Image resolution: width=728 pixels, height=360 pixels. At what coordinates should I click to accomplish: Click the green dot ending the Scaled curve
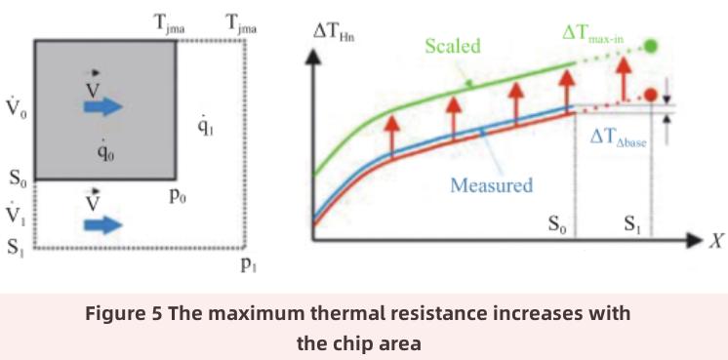click(x=651, y=46)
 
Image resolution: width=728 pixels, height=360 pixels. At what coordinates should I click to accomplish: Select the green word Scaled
click(x=450, y=46)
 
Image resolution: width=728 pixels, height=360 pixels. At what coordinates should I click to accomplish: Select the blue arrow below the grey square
click(x=102, y=225)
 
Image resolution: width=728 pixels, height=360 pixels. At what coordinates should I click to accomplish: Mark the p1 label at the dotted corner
click(x=251, y=262)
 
